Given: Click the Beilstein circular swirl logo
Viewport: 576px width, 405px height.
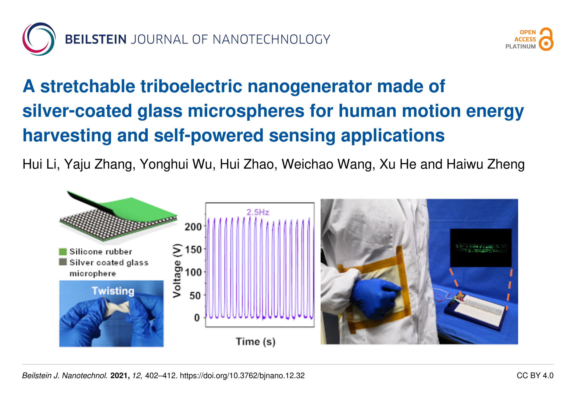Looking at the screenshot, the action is [39, 39].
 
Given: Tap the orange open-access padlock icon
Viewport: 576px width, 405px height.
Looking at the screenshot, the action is [546, 39].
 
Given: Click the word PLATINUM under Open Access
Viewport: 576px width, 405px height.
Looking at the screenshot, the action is [521, 46].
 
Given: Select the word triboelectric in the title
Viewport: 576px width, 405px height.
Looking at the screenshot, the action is [191, 86].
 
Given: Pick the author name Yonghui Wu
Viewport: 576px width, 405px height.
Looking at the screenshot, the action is [177, 164].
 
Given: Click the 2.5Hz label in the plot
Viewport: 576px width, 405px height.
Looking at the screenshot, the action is [258, 212].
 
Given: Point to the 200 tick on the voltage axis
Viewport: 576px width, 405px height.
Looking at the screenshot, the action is [193, 227].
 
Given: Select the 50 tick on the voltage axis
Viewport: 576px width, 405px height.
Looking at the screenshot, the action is [195, 296].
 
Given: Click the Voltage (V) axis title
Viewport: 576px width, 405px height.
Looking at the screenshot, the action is [177, 271].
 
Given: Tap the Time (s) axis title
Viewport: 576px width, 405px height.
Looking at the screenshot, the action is [256, 342].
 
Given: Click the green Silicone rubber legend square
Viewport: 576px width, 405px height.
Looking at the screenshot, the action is [63, 252].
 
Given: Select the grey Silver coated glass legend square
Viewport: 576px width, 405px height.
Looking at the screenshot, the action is [63, 262].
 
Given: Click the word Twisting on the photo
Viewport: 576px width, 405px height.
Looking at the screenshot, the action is [113, 291].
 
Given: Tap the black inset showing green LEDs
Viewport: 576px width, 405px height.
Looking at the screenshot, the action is [481, 248].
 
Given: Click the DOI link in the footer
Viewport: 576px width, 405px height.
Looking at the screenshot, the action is [242, 375].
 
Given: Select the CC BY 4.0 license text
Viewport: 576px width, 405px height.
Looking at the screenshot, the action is [535, 375].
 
